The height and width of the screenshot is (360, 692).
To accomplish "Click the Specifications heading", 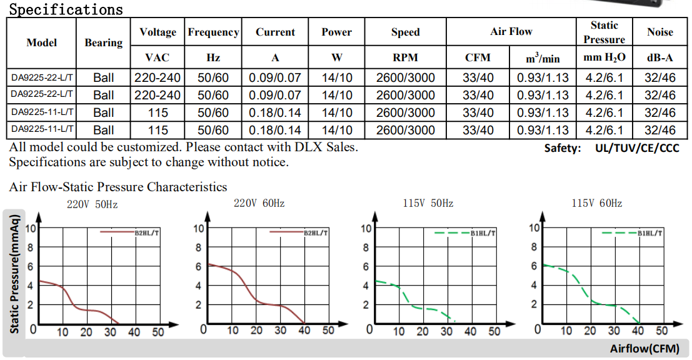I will pyautogui.click(x=66, y=9).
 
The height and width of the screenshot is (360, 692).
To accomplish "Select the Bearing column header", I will pyautogui.click(x=103, y=42).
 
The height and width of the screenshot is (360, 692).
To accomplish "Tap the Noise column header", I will pyautogui.click(x=660, y=32).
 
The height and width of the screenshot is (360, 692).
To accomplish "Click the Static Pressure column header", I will pyautogui.click(x=604, y=32).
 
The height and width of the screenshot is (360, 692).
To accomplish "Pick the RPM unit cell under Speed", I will pyautogui.click(x=405, y=58).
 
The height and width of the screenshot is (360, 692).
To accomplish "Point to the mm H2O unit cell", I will pyautogui.click(x=604, y=58).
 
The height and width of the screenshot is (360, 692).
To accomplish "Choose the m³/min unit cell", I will pyautogui.click(x=543, y=58).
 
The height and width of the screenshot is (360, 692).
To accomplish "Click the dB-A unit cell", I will pyautogui.click(x=660, y=58).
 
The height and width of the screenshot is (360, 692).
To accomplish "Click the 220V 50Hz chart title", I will pyautogui.click(x=93, y=204).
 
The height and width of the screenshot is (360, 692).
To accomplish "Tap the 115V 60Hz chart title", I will pyautogui.click(x=596, y=204).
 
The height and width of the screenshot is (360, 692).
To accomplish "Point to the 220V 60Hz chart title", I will pyautogui.click(x=259, y=204).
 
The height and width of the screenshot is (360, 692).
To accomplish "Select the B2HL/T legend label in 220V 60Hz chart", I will pyautogui.click(x=316, y=232).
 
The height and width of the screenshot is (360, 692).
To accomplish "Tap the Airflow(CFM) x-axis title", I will pyautogui.click(x=644, y=349).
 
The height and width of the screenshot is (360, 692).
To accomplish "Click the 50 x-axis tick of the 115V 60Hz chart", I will pyautogui.click(x=661, y=331).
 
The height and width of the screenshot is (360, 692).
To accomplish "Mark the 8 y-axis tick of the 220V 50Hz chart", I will pyautogui.click(x=29, y=247).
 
